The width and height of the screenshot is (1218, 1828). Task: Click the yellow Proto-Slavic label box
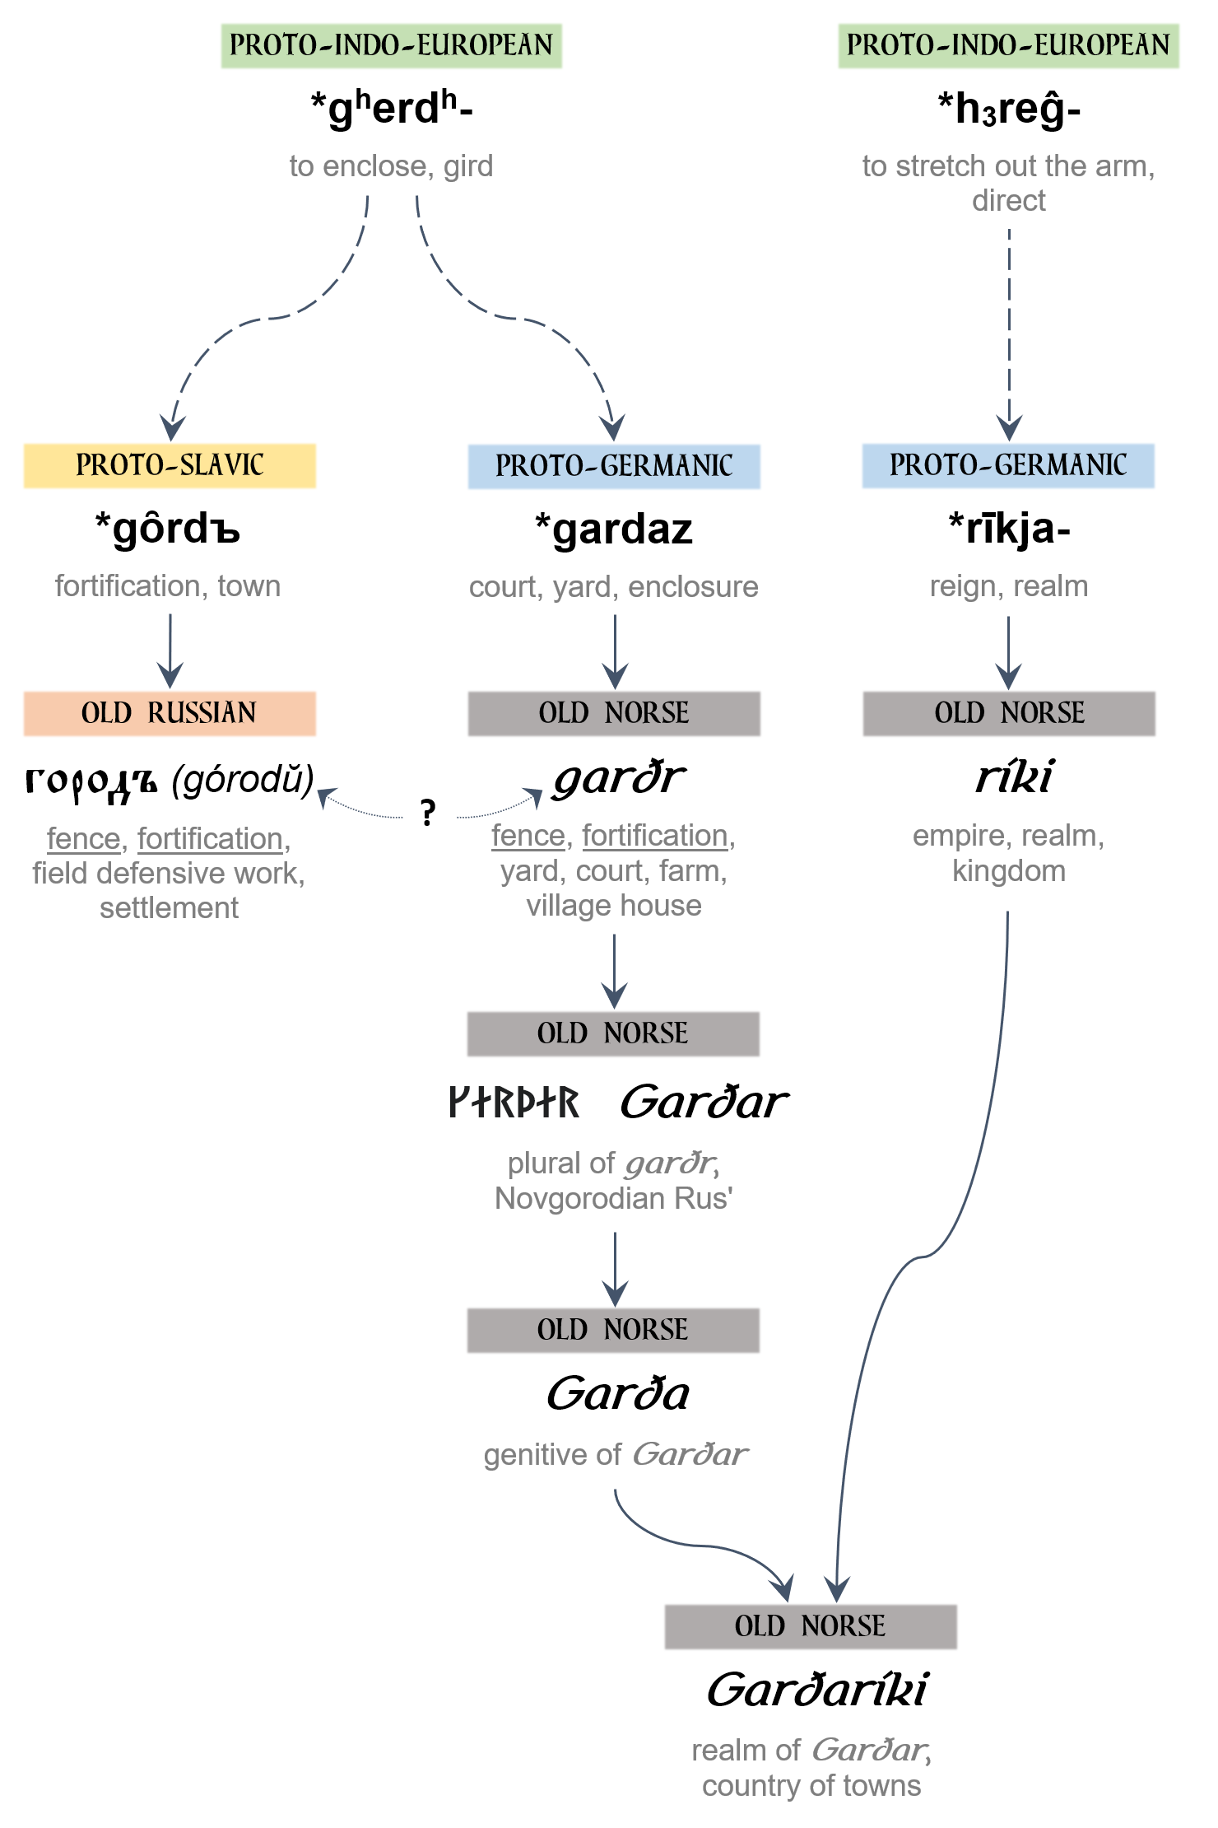[170, 466]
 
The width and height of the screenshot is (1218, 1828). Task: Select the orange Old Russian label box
[170, 713]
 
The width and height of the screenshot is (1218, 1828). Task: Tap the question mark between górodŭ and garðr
[427, 814]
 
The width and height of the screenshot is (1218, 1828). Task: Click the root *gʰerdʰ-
[392, 109]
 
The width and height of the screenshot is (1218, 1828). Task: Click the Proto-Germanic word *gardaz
[614, 529]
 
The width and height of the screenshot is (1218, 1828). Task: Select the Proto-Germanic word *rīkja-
[1009, 529]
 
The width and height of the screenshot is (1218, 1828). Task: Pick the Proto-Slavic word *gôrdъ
[168, 529]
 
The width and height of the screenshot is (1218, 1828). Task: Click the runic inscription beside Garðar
[514, 1103]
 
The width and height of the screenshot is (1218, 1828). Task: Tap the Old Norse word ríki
[1014, 777]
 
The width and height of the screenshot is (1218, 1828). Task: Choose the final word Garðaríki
[817, 1690]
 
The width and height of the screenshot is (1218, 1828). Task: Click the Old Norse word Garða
[618, 1394]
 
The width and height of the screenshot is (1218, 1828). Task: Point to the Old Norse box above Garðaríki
[811, 1626]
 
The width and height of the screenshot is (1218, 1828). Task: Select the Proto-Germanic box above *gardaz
[614, 467]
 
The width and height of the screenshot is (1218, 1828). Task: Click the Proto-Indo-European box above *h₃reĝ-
[1009, 46]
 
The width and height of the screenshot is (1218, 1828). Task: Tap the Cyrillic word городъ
[91, 781]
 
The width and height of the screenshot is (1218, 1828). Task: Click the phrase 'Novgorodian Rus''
[614, 1199]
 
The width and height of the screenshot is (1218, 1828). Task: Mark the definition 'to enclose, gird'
[392, 166]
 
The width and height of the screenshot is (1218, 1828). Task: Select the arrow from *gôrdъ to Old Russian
[170, 651]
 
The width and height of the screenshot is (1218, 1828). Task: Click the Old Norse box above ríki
[1009, 713]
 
